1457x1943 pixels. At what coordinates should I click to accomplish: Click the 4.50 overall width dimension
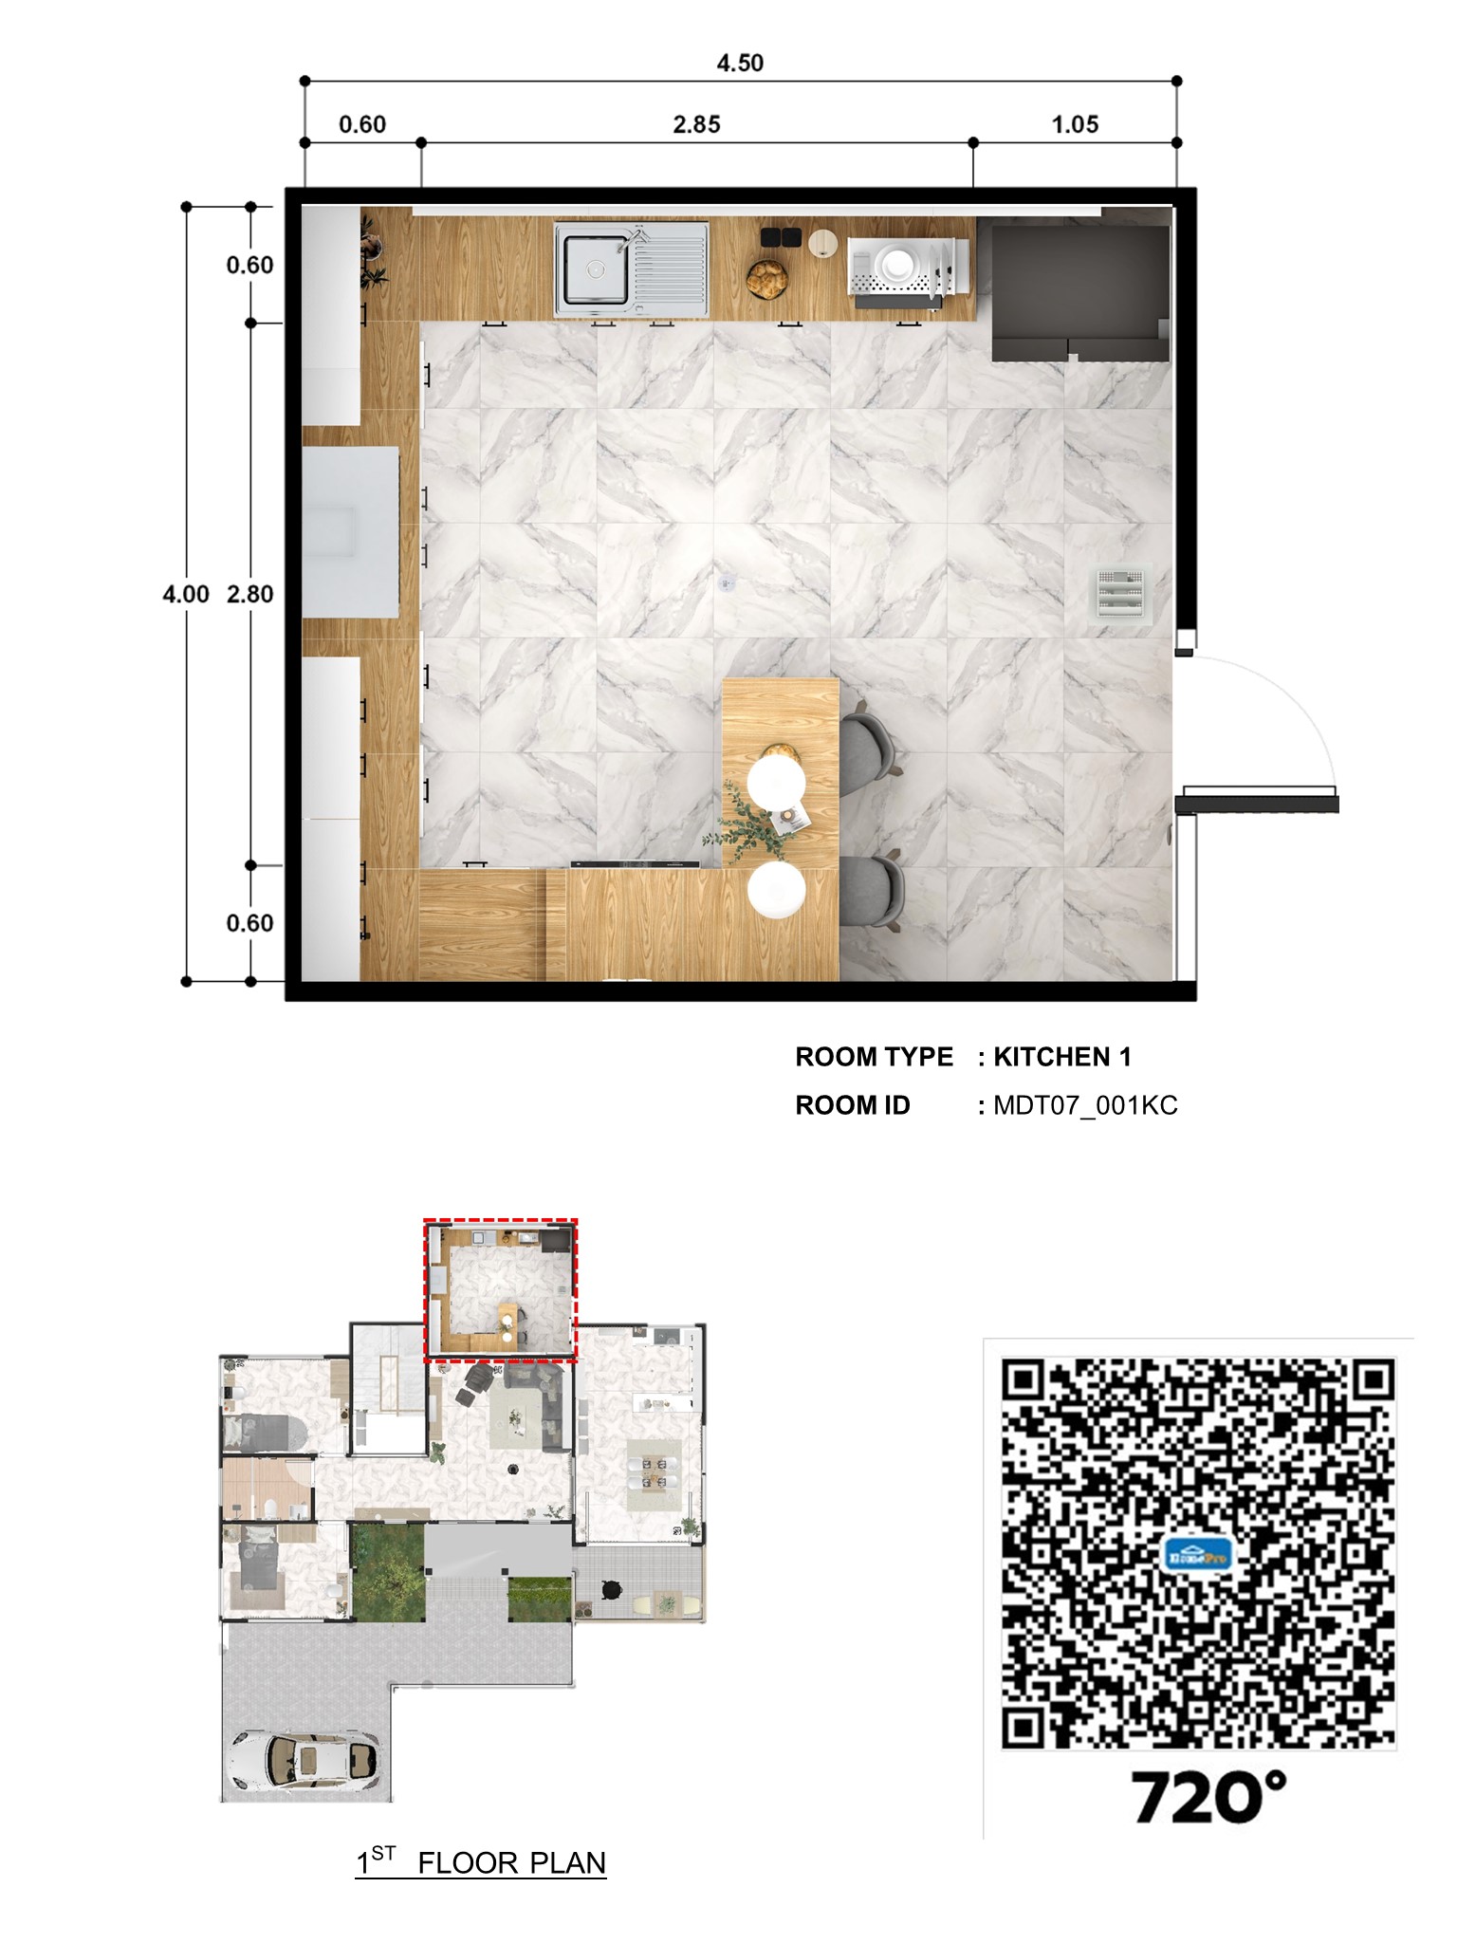click(739, 63)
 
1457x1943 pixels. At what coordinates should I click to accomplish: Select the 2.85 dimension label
click(696, 124)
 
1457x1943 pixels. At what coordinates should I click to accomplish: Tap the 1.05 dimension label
click(1075, 124)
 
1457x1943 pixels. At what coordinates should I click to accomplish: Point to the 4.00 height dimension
click(185, 594)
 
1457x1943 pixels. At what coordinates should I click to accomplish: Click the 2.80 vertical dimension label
click(249, 594)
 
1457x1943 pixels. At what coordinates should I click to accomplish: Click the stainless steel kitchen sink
click(631, 269)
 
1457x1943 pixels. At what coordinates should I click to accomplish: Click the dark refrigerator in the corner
click(1079, 290)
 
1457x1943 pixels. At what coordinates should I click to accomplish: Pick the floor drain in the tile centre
click(728, 584)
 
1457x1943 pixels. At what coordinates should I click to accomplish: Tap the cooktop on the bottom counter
click(635, 865)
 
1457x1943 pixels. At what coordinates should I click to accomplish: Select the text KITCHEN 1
click(1061, 1057)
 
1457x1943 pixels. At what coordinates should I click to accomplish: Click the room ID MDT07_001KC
click(1085, 1105)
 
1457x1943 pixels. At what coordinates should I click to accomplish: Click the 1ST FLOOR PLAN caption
click(481, 1862)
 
